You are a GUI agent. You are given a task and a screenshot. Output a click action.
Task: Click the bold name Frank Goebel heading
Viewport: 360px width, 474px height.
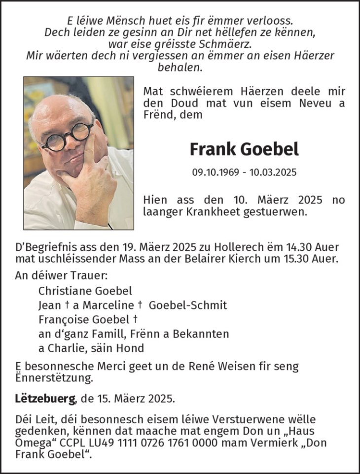click(x=244, y=148)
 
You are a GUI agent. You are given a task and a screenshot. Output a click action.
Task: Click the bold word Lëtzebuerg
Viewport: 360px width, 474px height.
click(x=45, y=397)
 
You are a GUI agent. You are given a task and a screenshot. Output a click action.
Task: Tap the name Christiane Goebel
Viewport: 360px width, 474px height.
click(x=85, y=291)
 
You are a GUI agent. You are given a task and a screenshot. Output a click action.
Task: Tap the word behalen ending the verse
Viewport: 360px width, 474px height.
click(x=180, y=67)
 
